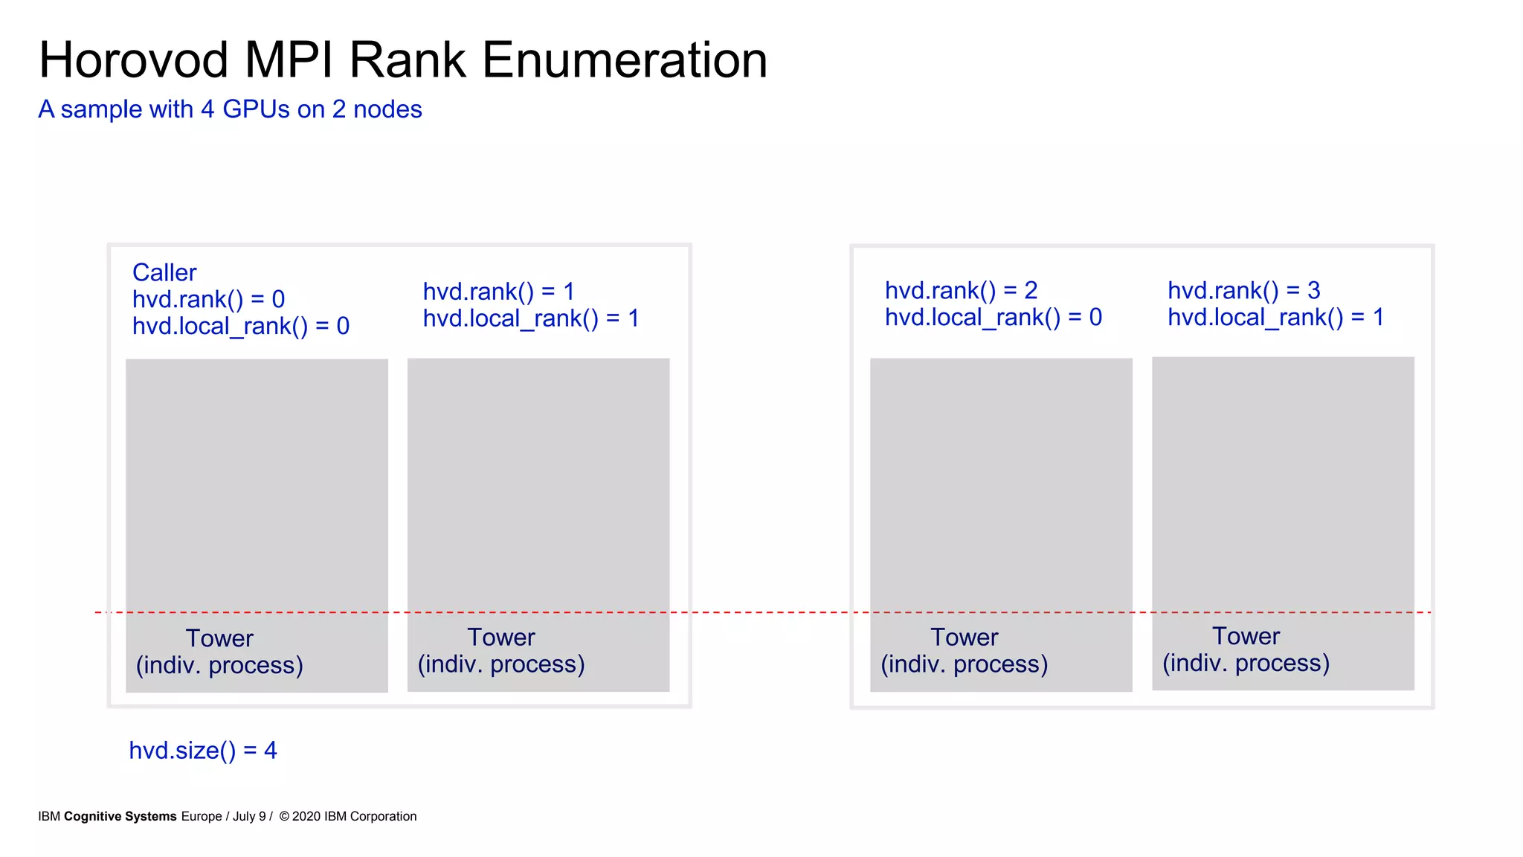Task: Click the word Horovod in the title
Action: [134, 60]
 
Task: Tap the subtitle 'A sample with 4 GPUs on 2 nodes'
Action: [230, 109]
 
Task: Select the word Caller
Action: [164, 272]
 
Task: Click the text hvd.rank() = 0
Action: [208, 299]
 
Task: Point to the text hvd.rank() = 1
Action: [498, 292]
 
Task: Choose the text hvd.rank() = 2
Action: [961, 290]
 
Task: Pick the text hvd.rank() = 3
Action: [1243, 290]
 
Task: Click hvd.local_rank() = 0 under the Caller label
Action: [241, 326]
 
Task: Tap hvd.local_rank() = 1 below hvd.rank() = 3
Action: [1275, 318]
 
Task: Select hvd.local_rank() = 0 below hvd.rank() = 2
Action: [993, 318]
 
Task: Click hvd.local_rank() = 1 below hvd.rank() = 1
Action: [531, 318]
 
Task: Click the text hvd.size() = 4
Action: [203, 750]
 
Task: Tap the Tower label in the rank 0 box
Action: [219, 638]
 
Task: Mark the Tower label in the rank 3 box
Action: [1246, 636]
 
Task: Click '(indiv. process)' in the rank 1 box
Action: [501, 664]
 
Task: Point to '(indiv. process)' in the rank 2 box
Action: [964, 664]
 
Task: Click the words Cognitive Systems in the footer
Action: [120, 816]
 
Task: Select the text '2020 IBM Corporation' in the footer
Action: [354, 816]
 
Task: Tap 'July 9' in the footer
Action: [249, 816]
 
